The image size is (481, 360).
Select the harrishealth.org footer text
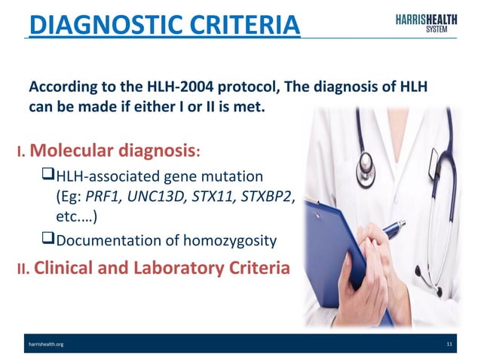coord(47,344)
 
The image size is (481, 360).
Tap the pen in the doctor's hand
coord(392,230)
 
